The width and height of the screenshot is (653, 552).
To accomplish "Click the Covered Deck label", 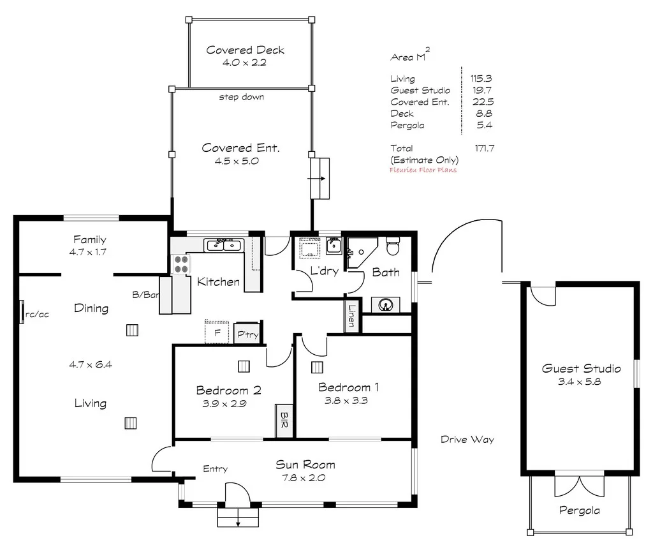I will click(245, 50).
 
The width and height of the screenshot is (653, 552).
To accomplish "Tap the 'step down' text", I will click(241, 97).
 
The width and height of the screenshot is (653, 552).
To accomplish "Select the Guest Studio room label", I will click(581, 368).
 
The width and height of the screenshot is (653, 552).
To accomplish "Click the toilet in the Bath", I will click(393, 244).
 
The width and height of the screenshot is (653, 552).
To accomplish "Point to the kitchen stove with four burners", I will click(180, 264).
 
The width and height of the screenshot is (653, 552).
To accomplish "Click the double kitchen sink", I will click(223, 244).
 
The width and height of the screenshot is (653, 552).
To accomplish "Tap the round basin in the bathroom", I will click(385, 305).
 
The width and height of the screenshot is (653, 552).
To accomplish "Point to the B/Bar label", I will click(144, 295).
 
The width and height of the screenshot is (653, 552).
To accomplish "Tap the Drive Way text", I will click(467, 440).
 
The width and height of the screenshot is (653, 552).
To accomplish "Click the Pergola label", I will click(579, 511).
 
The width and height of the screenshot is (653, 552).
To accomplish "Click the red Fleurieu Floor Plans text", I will click(423, 170).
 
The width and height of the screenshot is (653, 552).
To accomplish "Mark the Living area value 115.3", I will click(481, 78).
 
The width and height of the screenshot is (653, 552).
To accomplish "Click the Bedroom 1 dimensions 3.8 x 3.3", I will click(348, 401).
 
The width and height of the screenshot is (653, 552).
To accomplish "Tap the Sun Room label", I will click(305, 465).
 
